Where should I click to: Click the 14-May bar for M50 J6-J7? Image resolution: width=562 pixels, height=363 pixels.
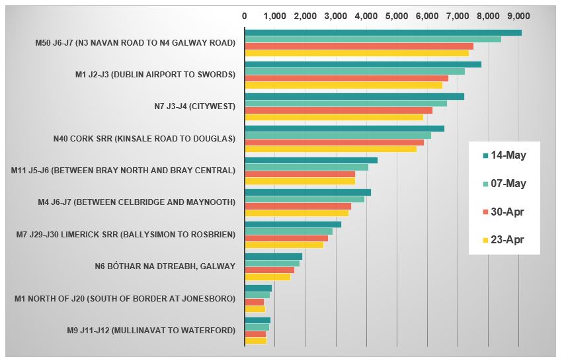point(383,32)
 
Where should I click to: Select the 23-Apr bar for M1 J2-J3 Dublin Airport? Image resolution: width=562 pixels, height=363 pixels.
point(343,85)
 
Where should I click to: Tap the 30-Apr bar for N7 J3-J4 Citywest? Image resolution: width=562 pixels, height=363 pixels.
point(339,110)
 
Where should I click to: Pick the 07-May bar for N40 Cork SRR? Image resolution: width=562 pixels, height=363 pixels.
point(338,136)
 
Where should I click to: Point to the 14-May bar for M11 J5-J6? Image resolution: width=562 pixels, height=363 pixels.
point(311,160)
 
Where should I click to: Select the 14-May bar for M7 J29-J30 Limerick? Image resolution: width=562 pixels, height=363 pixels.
point(293,224)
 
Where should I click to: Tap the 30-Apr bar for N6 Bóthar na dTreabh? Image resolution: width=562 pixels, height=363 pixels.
point(269,270)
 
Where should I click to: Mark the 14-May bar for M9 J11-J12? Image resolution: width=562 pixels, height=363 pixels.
point(257,320)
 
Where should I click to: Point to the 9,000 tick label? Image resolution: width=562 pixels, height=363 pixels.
point(518,15)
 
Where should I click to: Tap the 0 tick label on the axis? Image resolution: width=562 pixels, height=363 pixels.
point(245,15)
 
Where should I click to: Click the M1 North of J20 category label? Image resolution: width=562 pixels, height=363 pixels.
point(125,299)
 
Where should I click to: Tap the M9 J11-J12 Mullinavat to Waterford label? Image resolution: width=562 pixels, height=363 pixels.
point(151,330)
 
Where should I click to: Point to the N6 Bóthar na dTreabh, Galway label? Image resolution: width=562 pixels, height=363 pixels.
point(165,266)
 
